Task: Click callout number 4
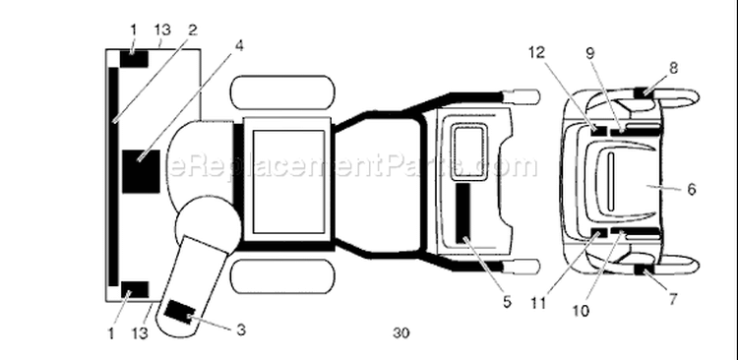point(239,46)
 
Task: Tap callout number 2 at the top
point(192,30)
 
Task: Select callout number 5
point(507,302)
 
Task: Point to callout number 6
point(691,189)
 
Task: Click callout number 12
point(536,52)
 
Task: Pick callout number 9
point(590,53)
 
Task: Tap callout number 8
point(673,68)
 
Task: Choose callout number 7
point(673,299)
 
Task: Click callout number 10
point(582,311)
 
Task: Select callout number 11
point(537,303)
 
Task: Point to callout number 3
point(240,330)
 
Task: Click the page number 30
point(401,332)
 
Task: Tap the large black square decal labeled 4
point(141,172)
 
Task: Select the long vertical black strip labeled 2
point(113,176)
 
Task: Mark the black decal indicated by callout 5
point(463,213)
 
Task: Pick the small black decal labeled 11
point(598,233)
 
